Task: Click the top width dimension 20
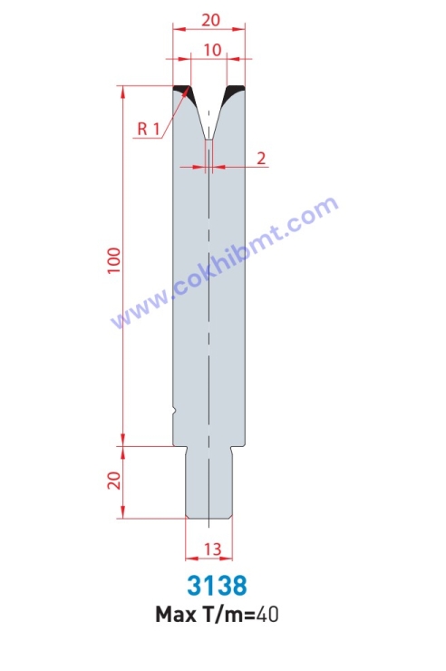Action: pos(211,20)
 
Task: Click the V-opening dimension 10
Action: pos(212,50)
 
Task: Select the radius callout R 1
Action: pos(149,128)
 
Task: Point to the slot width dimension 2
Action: pos(261,159)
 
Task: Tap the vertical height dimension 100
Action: pos(114,261)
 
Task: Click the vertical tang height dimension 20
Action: pos(114,481)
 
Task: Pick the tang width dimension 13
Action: pos(212,549)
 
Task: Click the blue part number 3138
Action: pos(217,586)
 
